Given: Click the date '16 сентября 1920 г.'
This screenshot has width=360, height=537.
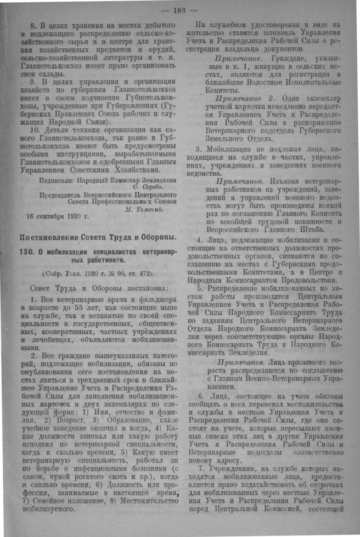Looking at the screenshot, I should pos(50,215).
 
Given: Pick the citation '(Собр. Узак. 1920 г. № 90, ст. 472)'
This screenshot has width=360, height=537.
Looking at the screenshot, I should pos(98,273).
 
